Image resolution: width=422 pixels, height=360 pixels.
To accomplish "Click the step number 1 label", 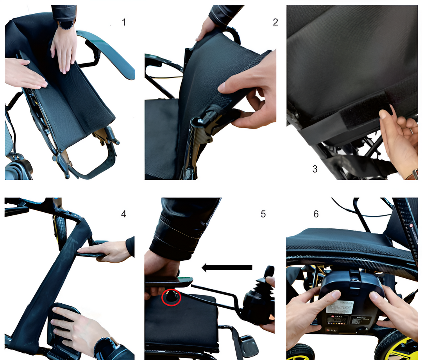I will pos(124,22).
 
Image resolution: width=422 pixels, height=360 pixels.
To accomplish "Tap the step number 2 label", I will pos(275,22).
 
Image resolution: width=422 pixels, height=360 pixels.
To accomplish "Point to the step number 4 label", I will pos(123,214).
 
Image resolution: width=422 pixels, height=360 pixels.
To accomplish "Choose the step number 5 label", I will pos(263,214).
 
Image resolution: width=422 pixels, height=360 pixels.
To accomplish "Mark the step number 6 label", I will pos(316,214).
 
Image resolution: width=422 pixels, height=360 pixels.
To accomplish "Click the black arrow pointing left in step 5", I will pos(227,267).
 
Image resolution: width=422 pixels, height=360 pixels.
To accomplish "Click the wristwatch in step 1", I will pos(66,24).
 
